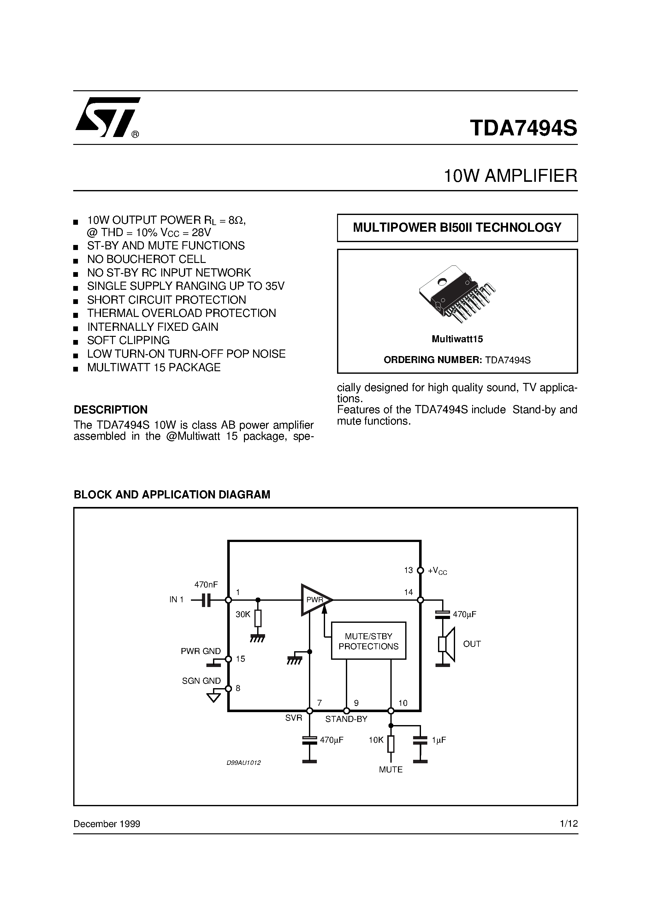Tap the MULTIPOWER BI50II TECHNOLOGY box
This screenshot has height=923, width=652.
point(457,228)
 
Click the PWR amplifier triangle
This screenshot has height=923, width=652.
point(316,600)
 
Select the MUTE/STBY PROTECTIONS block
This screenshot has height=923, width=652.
point(368,641)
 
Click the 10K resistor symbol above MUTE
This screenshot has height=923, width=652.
point(390,744)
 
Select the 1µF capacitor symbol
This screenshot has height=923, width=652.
point(420,741)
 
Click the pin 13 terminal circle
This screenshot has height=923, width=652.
point(420,570)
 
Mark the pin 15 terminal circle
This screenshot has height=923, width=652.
point(228,659)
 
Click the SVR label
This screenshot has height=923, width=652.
point(293,718)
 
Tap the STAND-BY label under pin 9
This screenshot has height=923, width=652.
point(346,719)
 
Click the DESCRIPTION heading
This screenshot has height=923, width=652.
point(110,410)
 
